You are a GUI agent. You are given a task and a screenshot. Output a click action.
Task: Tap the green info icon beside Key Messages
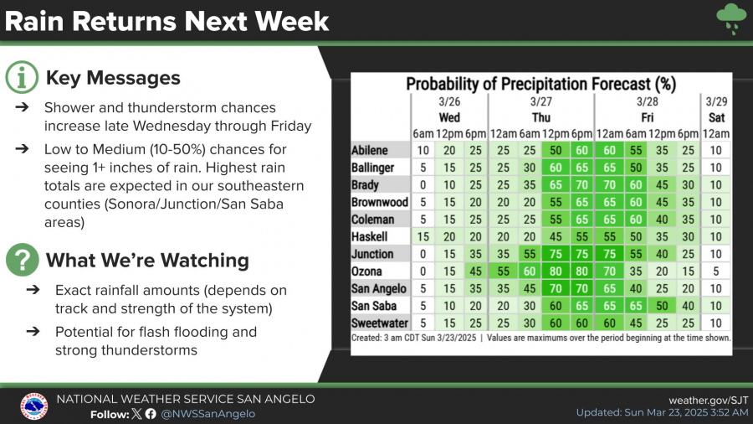pos(22,78)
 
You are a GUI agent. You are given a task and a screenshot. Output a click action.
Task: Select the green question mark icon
pos(22,260)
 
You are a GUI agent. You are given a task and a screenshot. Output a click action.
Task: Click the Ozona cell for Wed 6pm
pos(475,271)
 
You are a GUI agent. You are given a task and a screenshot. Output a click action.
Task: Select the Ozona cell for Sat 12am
pos(717,271)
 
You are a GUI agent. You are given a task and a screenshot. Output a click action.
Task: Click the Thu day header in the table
pos(540,117)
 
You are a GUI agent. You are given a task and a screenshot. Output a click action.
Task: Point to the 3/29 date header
pos(717,102)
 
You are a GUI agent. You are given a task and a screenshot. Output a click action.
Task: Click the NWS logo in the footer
pos(33,406)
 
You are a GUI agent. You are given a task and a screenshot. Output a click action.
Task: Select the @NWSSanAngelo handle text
pos(208,413)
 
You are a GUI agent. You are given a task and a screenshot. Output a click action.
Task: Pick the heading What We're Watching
pos(147,260)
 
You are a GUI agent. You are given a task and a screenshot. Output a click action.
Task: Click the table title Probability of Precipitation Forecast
pos(540,84)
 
